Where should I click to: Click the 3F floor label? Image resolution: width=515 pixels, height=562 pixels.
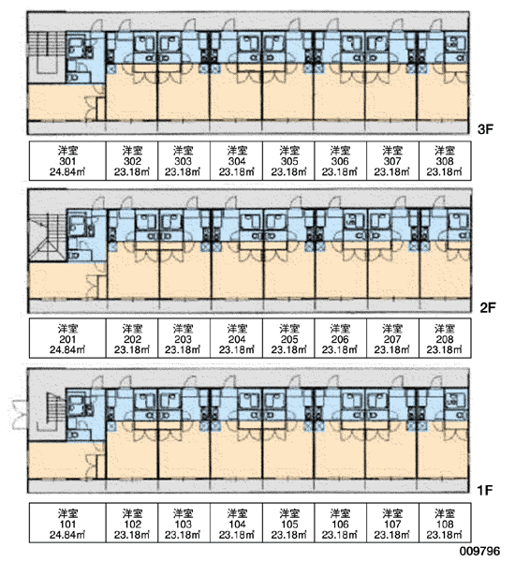point(485,129)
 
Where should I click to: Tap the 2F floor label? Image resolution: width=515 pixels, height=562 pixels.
point(488,307)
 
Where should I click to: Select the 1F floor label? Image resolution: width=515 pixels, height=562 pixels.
point(485,490)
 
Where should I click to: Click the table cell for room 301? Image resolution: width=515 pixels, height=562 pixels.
point(67,161)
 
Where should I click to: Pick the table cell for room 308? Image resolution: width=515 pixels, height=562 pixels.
point(445,161)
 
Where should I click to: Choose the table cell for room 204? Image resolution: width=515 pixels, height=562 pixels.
point(237,339)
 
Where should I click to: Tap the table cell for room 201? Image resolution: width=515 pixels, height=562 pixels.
point(67,339)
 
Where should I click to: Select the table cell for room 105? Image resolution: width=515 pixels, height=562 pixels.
point(288,523)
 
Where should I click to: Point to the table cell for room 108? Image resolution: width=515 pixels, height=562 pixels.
point(445,523)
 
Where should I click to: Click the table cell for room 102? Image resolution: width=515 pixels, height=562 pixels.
point(132,523)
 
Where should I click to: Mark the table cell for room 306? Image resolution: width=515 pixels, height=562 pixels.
point(341,161)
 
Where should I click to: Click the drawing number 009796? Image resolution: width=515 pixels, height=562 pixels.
point(479,551)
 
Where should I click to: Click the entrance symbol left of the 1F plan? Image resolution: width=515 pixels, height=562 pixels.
point(20,414)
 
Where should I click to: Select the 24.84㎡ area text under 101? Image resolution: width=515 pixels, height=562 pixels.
point(67,535)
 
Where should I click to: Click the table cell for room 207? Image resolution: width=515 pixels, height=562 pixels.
point(392,339)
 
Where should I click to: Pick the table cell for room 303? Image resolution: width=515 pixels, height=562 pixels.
point(184,161)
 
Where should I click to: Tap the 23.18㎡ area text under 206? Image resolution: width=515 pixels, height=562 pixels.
point(340,349)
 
